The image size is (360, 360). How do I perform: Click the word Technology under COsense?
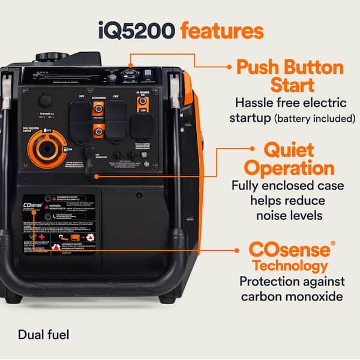click(290, 266)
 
